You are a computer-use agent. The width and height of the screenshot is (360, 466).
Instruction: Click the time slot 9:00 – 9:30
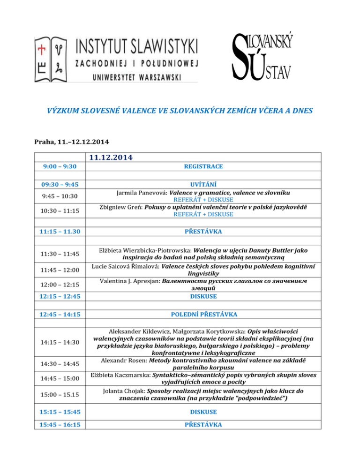tap(61, 166)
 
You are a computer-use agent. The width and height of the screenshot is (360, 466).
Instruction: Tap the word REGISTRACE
tap(203, 166)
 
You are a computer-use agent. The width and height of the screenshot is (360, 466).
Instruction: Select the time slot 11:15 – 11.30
tap(61, 231)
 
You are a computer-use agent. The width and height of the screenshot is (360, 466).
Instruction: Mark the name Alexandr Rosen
tap(123, 360)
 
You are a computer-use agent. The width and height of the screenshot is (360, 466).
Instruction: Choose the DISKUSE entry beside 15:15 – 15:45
tap(203, 412)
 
